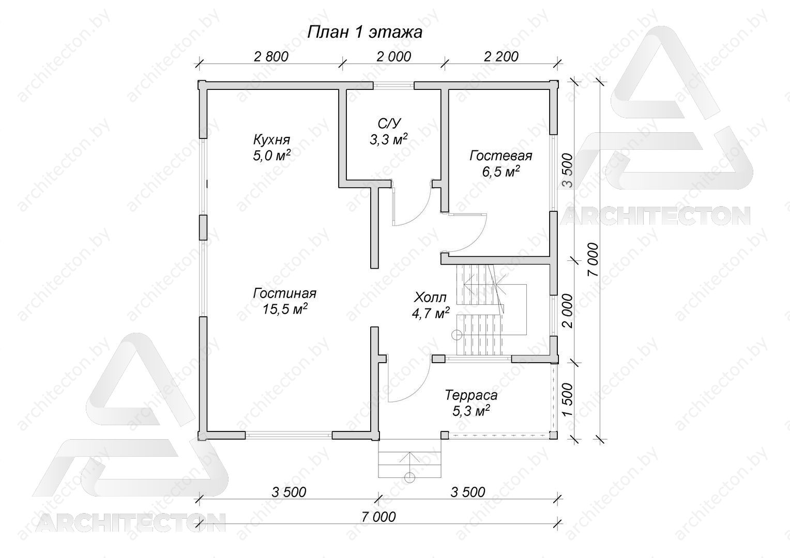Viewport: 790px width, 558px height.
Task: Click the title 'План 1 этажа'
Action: [364, 33]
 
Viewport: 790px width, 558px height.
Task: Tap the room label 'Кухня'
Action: [271, 139]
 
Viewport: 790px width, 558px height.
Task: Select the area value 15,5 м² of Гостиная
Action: [285, 309]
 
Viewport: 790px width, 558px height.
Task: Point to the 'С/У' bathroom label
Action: [389, 123]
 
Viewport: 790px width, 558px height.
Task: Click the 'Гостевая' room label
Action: [501, 156]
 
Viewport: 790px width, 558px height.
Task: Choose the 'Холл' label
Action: [430, 298]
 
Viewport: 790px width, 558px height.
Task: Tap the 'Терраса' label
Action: [471, 395]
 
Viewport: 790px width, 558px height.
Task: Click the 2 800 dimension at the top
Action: [271, 56]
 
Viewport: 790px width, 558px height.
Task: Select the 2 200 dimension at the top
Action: [501, 56]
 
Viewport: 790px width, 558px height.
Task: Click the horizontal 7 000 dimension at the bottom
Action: [378, 517]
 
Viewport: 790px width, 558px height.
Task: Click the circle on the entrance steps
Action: [409, 477]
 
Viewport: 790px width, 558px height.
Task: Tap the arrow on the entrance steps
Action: [409, 462]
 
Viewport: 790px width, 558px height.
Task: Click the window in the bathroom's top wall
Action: [393, 85]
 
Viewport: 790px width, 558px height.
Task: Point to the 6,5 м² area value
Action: [501, 172]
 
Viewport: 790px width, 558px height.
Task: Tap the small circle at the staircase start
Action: [457, 335]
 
